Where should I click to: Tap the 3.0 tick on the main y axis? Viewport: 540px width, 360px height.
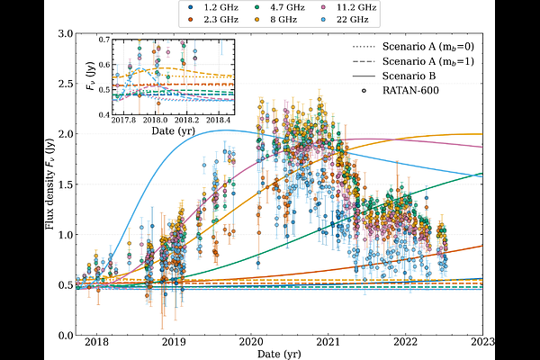tap(65, 33)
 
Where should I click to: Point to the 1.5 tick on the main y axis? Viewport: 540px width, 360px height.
tap(65, 184)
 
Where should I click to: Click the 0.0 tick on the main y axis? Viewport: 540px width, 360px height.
tap(65, 336)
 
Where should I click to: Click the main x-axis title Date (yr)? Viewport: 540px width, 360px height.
tap(280, 355)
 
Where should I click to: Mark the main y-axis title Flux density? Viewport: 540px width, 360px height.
tap(51, 184)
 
